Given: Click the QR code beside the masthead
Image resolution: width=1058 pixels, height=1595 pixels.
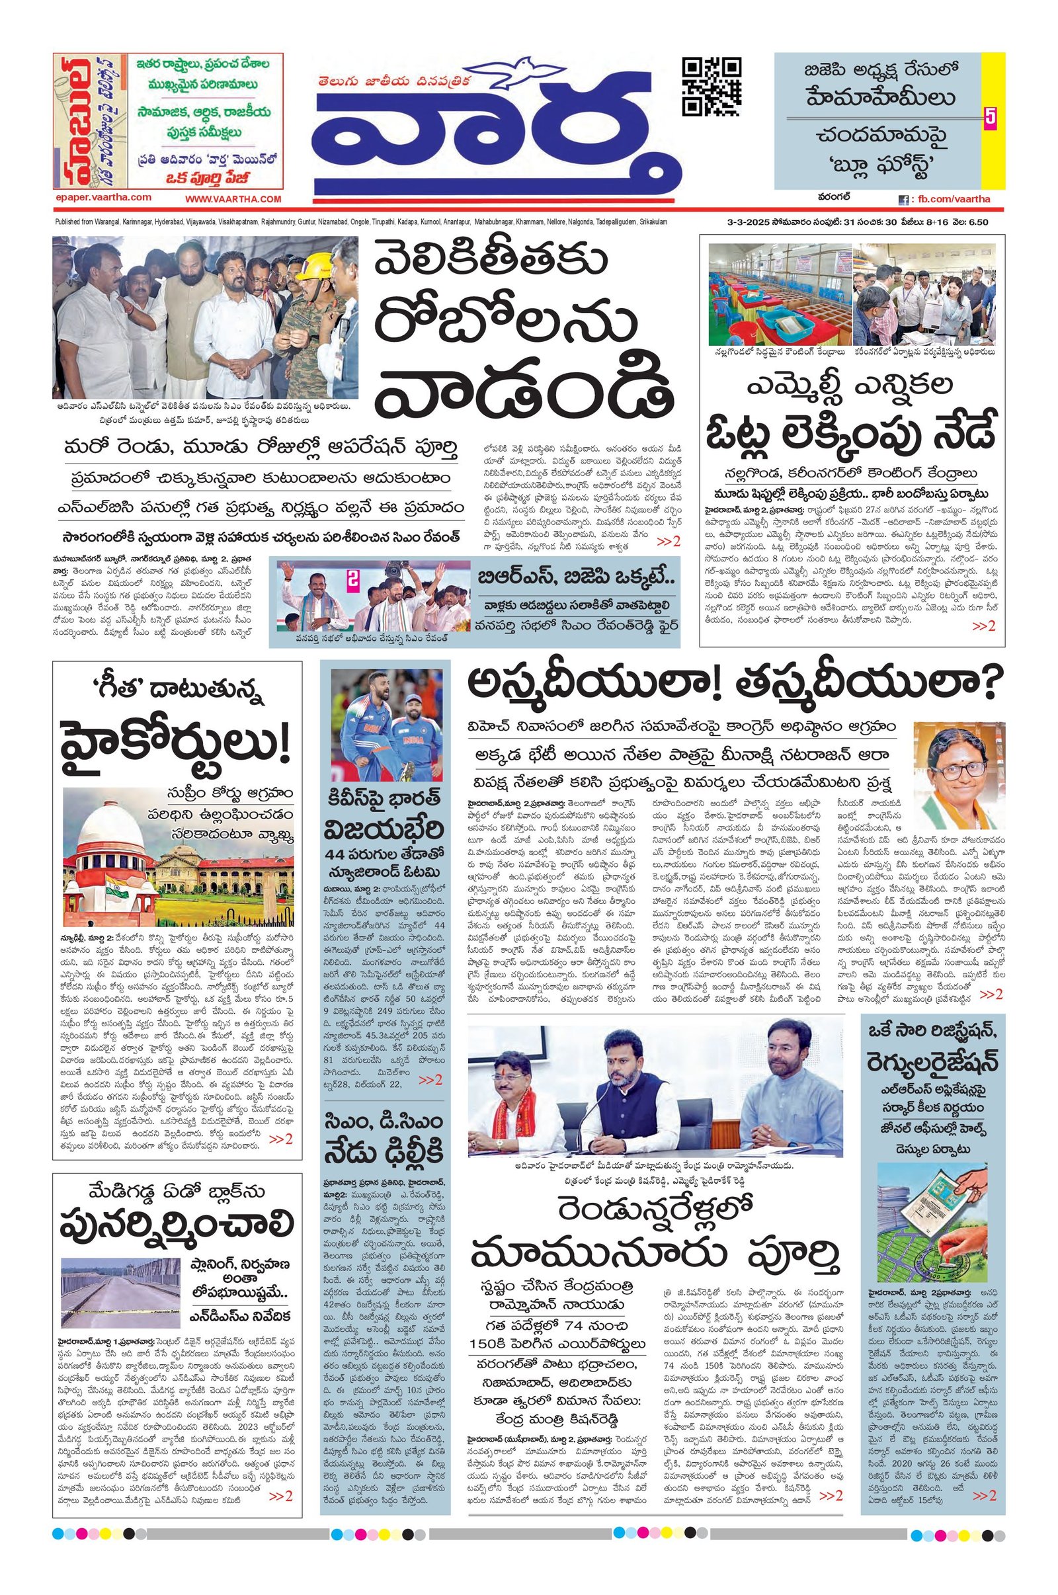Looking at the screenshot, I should pyautogui.click(x=712, y=87).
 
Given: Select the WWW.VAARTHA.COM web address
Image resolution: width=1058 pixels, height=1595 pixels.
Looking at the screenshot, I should pyautogui.click(x=233, y=199).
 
